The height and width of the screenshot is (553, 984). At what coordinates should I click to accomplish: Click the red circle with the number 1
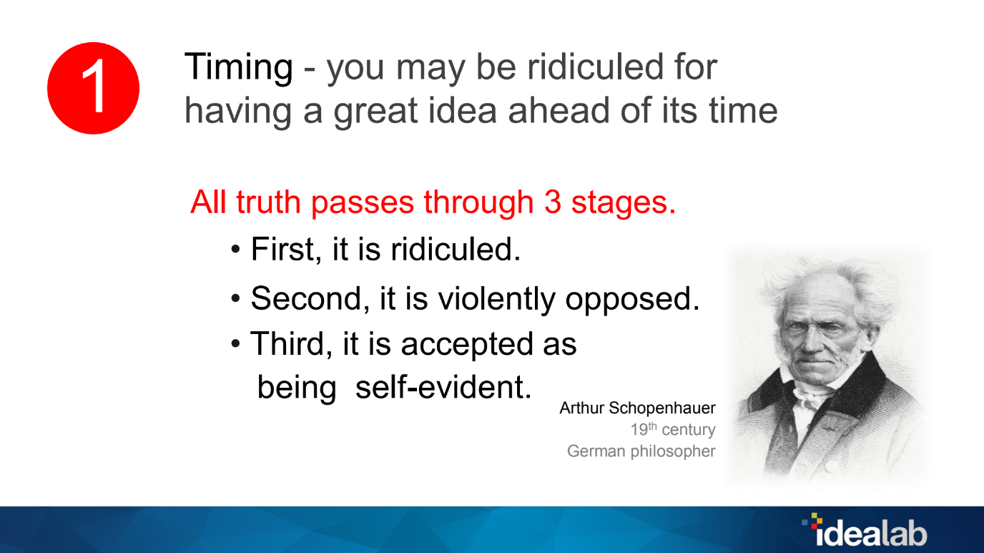pos(93,88)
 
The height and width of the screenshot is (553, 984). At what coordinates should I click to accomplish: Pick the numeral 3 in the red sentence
pos(553,202)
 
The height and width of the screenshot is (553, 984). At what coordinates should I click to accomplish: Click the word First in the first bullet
pos(283,250)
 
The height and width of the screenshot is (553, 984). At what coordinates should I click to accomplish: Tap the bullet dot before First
pos(236,251)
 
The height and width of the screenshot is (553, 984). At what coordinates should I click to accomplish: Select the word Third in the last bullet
pos(292,344)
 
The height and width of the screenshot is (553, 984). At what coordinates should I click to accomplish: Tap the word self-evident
pos(444,387)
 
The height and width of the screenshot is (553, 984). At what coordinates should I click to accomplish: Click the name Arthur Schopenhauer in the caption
pos(637,408)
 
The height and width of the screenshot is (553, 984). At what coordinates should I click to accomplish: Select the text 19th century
pos(672,430)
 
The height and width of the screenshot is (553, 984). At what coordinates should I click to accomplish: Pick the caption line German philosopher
pos(641,451)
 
